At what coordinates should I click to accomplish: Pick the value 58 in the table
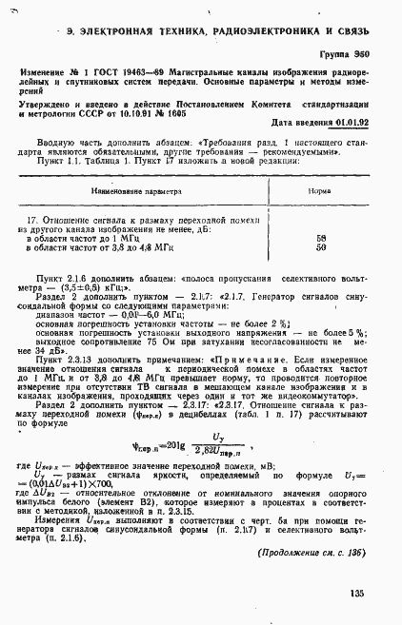[x=320, y=238]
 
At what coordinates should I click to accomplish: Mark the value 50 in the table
[x=320, y=247]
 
